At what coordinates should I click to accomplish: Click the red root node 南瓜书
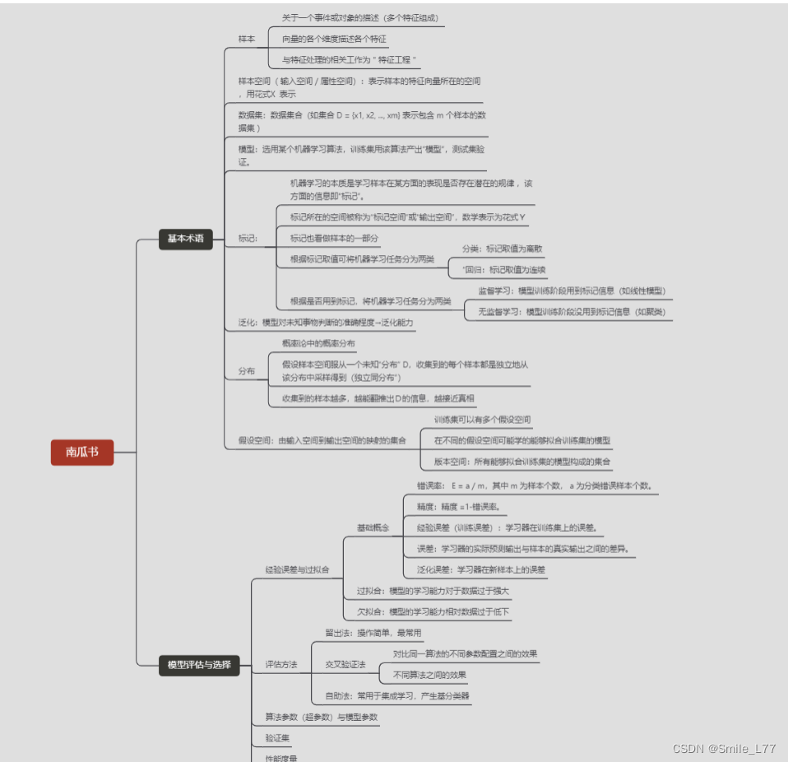(81, 452)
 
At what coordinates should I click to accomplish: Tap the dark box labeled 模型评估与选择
(198, 665)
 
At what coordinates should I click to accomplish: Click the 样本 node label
(247, 39)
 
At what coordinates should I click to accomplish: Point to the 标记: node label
(248, 239)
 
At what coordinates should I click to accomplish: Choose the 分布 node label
(247, 371)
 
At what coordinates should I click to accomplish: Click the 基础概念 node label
(373, 527)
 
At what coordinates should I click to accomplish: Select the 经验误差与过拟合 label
(297, 569)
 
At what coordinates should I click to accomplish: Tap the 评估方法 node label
(281, 664)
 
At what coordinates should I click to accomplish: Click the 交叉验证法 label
(345, 664)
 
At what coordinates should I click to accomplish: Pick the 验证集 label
(277, 738)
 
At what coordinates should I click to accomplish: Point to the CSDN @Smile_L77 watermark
(724, 749)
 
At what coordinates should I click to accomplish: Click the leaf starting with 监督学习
(572, 291)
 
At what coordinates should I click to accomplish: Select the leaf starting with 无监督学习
(572, 312)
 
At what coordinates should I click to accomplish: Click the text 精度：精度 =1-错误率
(457, 507)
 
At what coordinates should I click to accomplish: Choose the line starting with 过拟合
(433, 591)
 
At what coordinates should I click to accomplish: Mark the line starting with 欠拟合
(433, 611)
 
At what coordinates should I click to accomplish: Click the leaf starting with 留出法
(373, 633)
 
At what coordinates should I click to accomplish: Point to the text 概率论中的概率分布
(319, 343)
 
